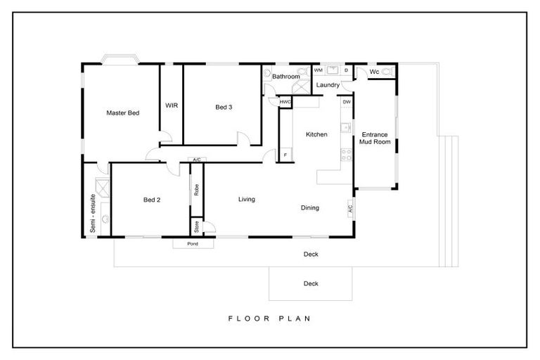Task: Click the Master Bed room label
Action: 122,112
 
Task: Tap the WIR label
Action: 172,106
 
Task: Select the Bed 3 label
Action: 224,107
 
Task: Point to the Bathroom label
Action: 286,76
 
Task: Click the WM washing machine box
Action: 319,71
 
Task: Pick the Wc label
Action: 374,72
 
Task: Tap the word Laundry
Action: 328,85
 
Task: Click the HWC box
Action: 285,102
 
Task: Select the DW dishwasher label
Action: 346,103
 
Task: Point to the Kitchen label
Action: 316,134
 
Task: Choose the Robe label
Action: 197,189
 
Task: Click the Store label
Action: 197,226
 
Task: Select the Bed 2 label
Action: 152,200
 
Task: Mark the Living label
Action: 246,200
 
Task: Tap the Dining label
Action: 310,208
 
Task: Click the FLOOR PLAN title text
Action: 269,319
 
